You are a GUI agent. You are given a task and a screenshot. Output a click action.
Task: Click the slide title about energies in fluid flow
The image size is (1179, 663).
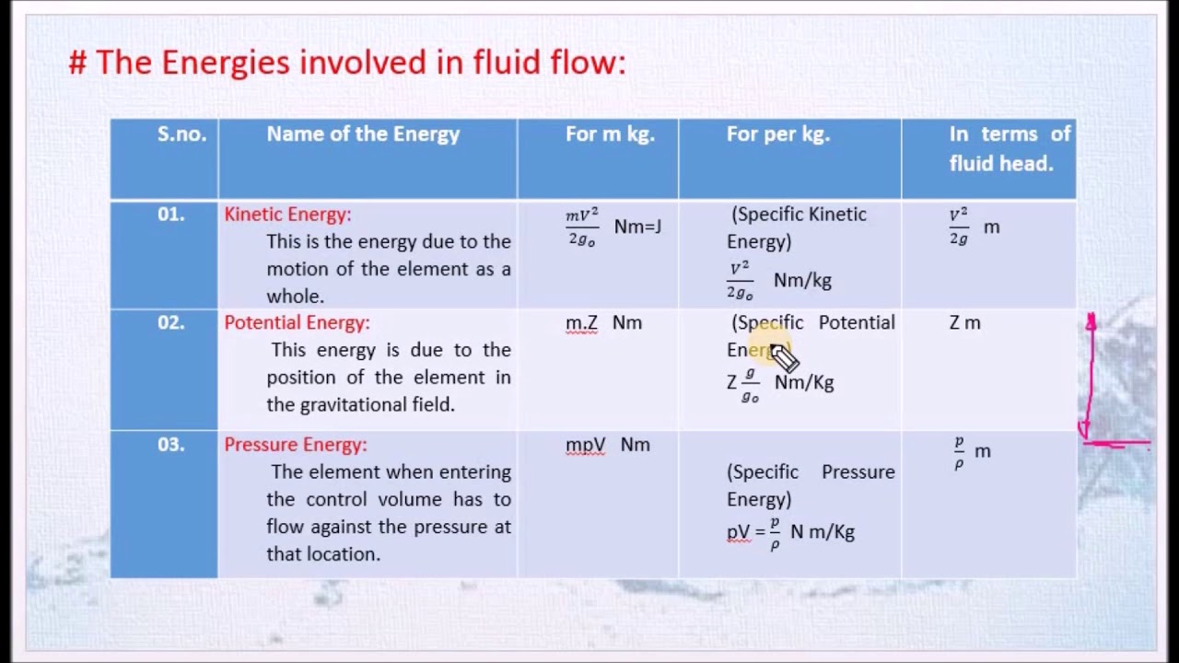coord(347,63)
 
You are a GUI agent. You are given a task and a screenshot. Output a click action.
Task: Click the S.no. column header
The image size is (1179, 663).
coord(181,134)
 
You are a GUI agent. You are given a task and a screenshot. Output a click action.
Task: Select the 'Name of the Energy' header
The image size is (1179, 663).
coord(363,134)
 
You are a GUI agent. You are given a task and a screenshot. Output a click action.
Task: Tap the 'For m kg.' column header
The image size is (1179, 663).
coord(610,134)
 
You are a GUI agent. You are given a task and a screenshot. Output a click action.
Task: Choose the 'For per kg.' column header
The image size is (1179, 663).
coord(777,134)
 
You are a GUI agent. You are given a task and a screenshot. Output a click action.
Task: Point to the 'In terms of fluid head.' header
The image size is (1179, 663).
coord(1010,148)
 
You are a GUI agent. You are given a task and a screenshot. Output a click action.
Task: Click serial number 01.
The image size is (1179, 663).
coord(170,215)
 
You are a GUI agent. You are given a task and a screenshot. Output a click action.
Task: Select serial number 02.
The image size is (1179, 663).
coord(170,323)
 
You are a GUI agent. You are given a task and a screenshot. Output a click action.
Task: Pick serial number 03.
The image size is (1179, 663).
coord(170,445)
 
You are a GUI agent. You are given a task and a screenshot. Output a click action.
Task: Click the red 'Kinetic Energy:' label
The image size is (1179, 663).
coord(287,215)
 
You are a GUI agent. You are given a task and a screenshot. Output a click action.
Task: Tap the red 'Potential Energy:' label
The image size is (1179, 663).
coord(297,323)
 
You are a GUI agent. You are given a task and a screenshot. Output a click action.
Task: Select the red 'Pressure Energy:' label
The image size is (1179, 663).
coord(295,445)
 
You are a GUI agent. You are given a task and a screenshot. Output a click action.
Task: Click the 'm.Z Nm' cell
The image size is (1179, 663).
coord(603,323)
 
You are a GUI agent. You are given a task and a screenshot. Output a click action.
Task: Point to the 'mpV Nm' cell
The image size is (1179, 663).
coord(607,445)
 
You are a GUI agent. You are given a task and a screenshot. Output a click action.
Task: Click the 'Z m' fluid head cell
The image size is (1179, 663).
coord(964,323)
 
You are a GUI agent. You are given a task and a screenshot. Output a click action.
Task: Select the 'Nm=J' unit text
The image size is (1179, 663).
coord(637,227)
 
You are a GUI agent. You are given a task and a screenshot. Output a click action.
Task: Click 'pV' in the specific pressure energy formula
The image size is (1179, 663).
coord(738,532)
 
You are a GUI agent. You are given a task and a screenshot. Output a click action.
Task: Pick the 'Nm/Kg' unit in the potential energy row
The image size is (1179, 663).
coord(804,382)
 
